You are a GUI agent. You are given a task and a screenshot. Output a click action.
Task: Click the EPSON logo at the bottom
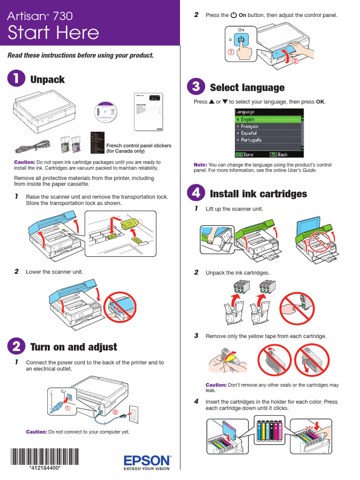(147, 460)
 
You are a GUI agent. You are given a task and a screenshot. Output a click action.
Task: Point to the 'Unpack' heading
(47, 79)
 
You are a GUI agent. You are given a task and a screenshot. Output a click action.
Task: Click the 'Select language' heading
(247, 88)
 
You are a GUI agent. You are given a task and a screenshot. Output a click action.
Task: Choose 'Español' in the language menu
(252, 133)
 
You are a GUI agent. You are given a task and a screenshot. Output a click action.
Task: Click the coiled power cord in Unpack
(31, 145)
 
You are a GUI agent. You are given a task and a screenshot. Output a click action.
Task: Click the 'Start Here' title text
(53, 33)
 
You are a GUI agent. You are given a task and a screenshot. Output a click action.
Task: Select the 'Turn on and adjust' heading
(74, 347)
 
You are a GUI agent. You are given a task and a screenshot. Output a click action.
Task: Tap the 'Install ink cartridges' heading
(258, 194)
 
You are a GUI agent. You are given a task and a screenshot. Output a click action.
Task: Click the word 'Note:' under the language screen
(200, 165)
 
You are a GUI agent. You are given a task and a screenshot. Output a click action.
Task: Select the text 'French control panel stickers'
(139, 146)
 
